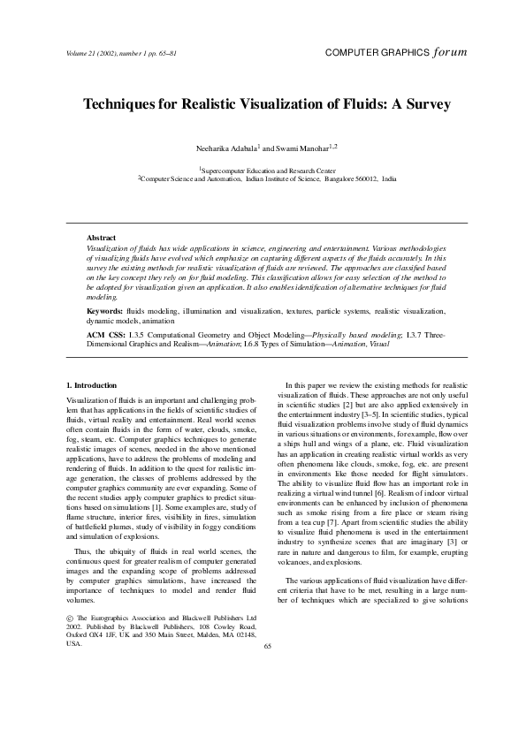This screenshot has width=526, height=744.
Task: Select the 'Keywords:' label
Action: click(x=104, y=312)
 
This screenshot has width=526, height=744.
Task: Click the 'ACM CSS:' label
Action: click(x=105, y=336)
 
